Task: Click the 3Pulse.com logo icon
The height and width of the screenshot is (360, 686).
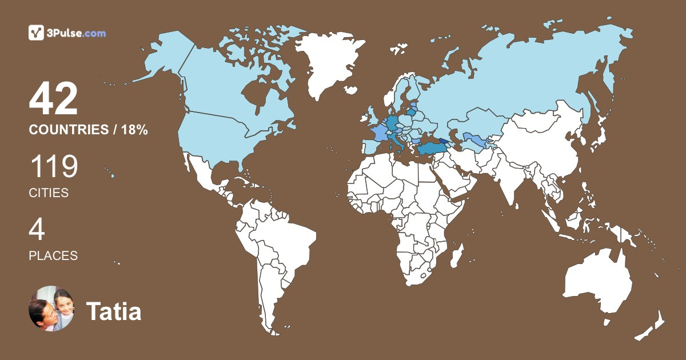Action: [x=37, y=33]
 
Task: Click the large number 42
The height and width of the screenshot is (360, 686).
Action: [x=53, y=99]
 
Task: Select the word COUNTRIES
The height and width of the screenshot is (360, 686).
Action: [x=68, y=130]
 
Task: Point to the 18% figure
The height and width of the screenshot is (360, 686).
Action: [x=134, y=130]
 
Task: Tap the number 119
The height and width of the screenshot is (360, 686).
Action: [x=53, y=167]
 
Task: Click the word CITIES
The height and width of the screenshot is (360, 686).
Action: [x=49, y=193]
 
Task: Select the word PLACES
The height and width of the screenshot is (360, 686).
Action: [x=53, y=256]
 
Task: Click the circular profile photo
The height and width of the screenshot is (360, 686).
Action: [x=51, y=309]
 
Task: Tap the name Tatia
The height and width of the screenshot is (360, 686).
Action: [x=114, y=312]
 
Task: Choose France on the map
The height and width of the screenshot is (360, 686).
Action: [x=379, y=133]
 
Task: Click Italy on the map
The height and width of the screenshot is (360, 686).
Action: [x=394, y=139]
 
